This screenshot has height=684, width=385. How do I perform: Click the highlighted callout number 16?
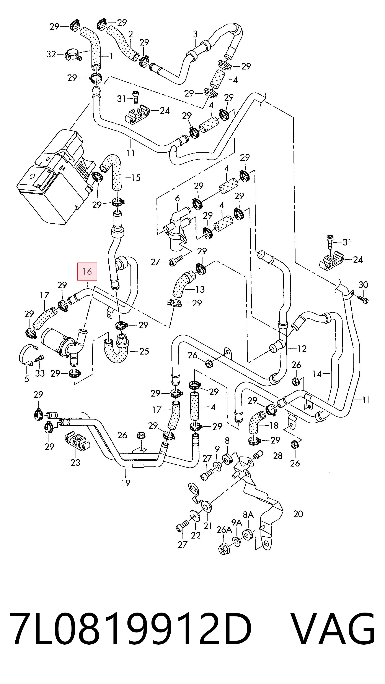pos(87,271)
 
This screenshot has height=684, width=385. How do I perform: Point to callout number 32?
pos(51,54)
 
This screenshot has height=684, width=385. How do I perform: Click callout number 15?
pos(136,178)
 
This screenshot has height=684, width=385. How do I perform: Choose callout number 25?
pos(144,351)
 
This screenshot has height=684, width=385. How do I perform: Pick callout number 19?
pos(126,482)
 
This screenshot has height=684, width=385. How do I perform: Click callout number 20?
pos(298,514)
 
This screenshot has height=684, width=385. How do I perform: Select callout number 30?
pos(363,285)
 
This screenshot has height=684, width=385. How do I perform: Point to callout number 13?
pos(200,289)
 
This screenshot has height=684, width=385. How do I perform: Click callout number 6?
pos(177,198)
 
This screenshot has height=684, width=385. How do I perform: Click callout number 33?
pos(40,373)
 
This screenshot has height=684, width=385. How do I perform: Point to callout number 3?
pos(195,34)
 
